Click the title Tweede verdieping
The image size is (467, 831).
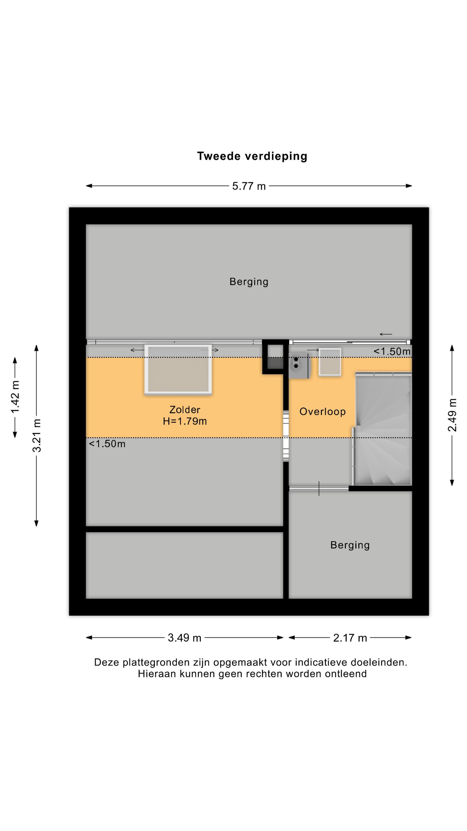click(252, 156)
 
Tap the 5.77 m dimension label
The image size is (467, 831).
click(249, 186)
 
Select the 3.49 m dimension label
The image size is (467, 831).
click(184, 638)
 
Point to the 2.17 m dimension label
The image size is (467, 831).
click(350, 638)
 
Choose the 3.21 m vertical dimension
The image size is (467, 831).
click(37, 435)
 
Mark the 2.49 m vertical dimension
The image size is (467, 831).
click(452, 415)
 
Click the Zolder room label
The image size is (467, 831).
click(185, 410)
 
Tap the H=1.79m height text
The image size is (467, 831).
click(185, 421)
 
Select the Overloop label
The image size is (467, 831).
click(323, 412)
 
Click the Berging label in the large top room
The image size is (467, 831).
click(249, 282)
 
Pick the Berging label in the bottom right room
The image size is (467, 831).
click(350, 545)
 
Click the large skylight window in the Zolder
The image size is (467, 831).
click(178, 369)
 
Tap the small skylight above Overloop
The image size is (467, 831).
click(330, 362)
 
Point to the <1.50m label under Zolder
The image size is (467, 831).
click(107, 444)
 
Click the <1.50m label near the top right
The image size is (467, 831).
click(392, 351)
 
